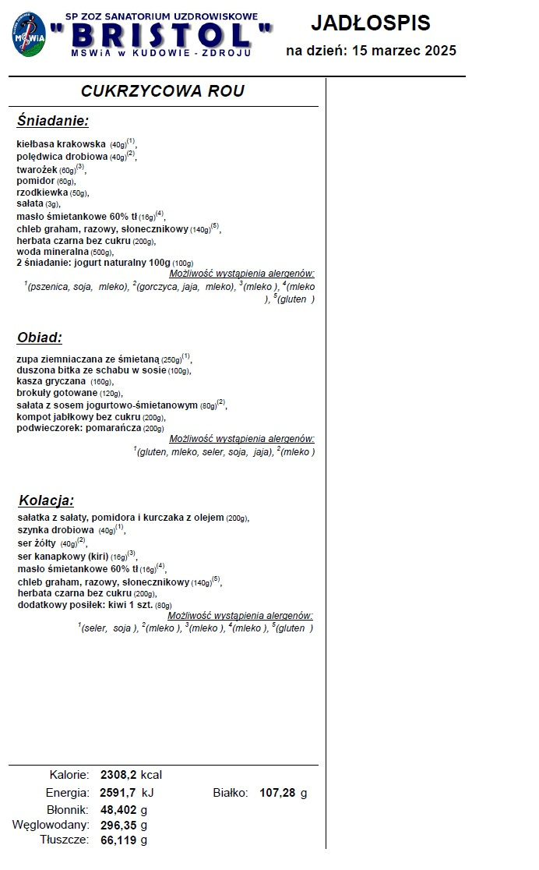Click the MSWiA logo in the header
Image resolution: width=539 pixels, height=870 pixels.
point(28,35)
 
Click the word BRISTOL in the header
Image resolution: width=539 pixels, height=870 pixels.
point(161,34)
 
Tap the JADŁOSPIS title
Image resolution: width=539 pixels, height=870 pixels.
point(371,23)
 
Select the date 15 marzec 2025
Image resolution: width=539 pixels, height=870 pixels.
point(404,51)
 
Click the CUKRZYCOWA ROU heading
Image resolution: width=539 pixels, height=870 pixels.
point(163,91)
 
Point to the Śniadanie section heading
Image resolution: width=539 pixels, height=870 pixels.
point(53,121)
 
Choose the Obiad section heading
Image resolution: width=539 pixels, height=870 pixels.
point(39,338)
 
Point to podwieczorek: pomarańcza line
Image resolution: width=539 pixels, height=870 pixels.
point(90,428)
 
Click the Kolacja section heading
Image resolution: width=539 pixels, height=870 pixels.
point(45,500)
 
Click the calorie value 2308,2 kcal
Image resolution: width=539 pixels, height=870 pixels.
point(130,776)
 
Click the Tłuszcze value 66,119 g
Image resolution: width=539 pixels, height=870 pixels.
point(124,840)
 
